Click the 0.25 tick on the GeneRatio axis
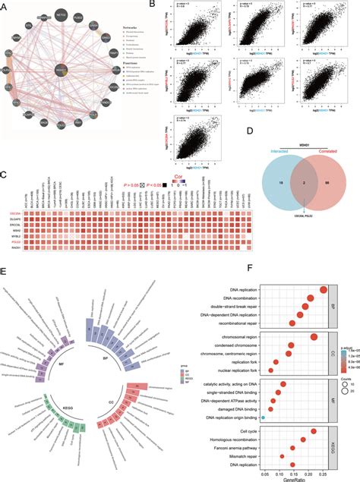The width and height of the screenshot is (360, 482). pos(326,471)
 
